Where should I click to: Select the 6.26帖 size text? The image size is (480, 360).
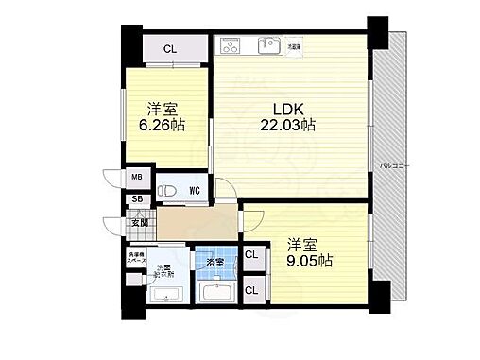click(163, 125)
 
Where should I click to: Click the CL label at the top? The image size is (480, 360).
click(168, 49)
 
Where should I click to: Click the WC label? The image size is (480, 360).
click(194, 190)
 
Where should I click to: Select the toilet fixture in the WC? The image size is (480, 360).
click(168, 190)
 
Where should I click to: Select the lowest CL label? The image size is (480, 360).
click(251, 290)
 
